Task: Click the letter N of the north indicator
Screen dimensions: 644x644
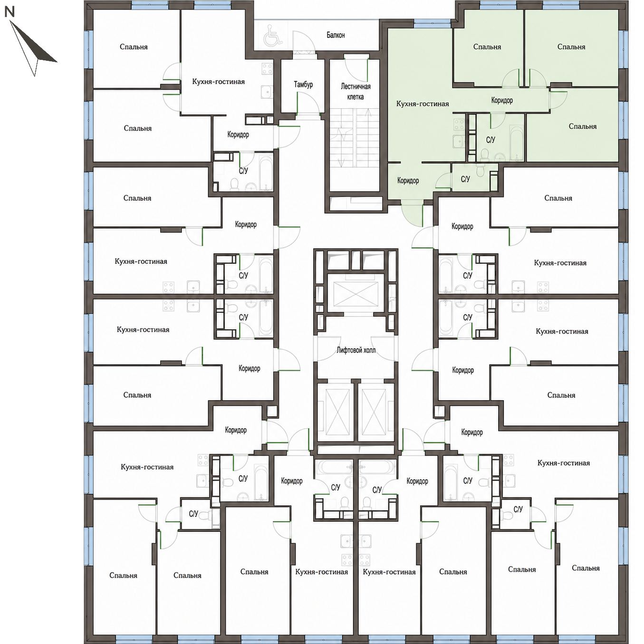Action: coord(10,12)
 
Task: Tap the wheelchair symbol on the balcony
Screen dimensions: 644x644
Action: coord(273,36)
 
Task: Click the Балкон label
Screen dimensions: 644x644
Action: coord(336,35)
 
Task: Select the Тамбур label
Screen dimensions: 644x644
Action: coord(303,84)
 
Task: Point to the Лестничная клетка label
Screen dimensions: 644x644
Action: coord(355,92)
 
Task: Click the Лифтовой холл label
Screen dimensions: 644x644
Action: coord(356,350)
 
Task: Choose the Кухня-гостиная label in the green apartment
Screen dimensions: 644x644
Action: coord(423,104)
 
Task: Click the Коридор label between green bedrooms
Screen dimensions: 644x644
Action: coord(502,100)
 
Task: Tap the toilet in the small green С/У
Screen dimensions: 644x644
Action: coord(480,170)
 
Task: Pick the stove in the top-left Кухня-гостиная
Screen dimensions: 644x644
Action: coord(267,69)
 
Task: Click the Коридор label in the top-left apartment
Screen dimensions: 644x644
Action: coord(238,135)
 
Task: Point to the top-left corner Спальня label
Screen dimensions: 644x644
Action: coord(134,47)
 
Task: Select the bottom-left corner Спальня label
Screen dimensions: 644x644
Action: coord(123,576)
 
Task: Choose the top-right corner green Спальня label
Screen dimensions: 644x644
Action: coord(571,47)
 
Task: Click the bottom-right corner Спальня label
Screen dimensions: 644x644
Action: coord(586,568)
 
